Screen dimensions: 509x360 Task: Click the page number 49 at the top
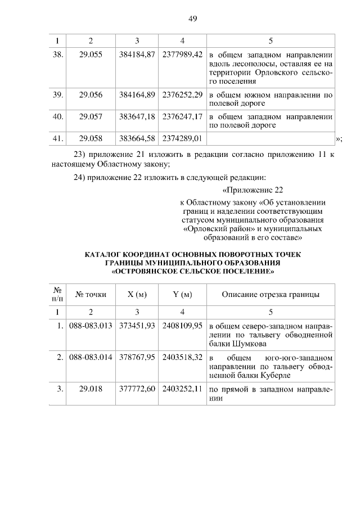point(192,19)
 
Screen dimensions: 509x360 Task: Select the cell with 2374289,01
point(182,138)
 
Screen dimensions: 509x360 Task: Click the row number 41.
point(57,138)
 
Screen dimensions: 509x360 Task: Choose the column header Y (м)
point(182,294)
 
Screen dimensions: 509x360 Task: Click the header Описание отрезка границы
point(271,294)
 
